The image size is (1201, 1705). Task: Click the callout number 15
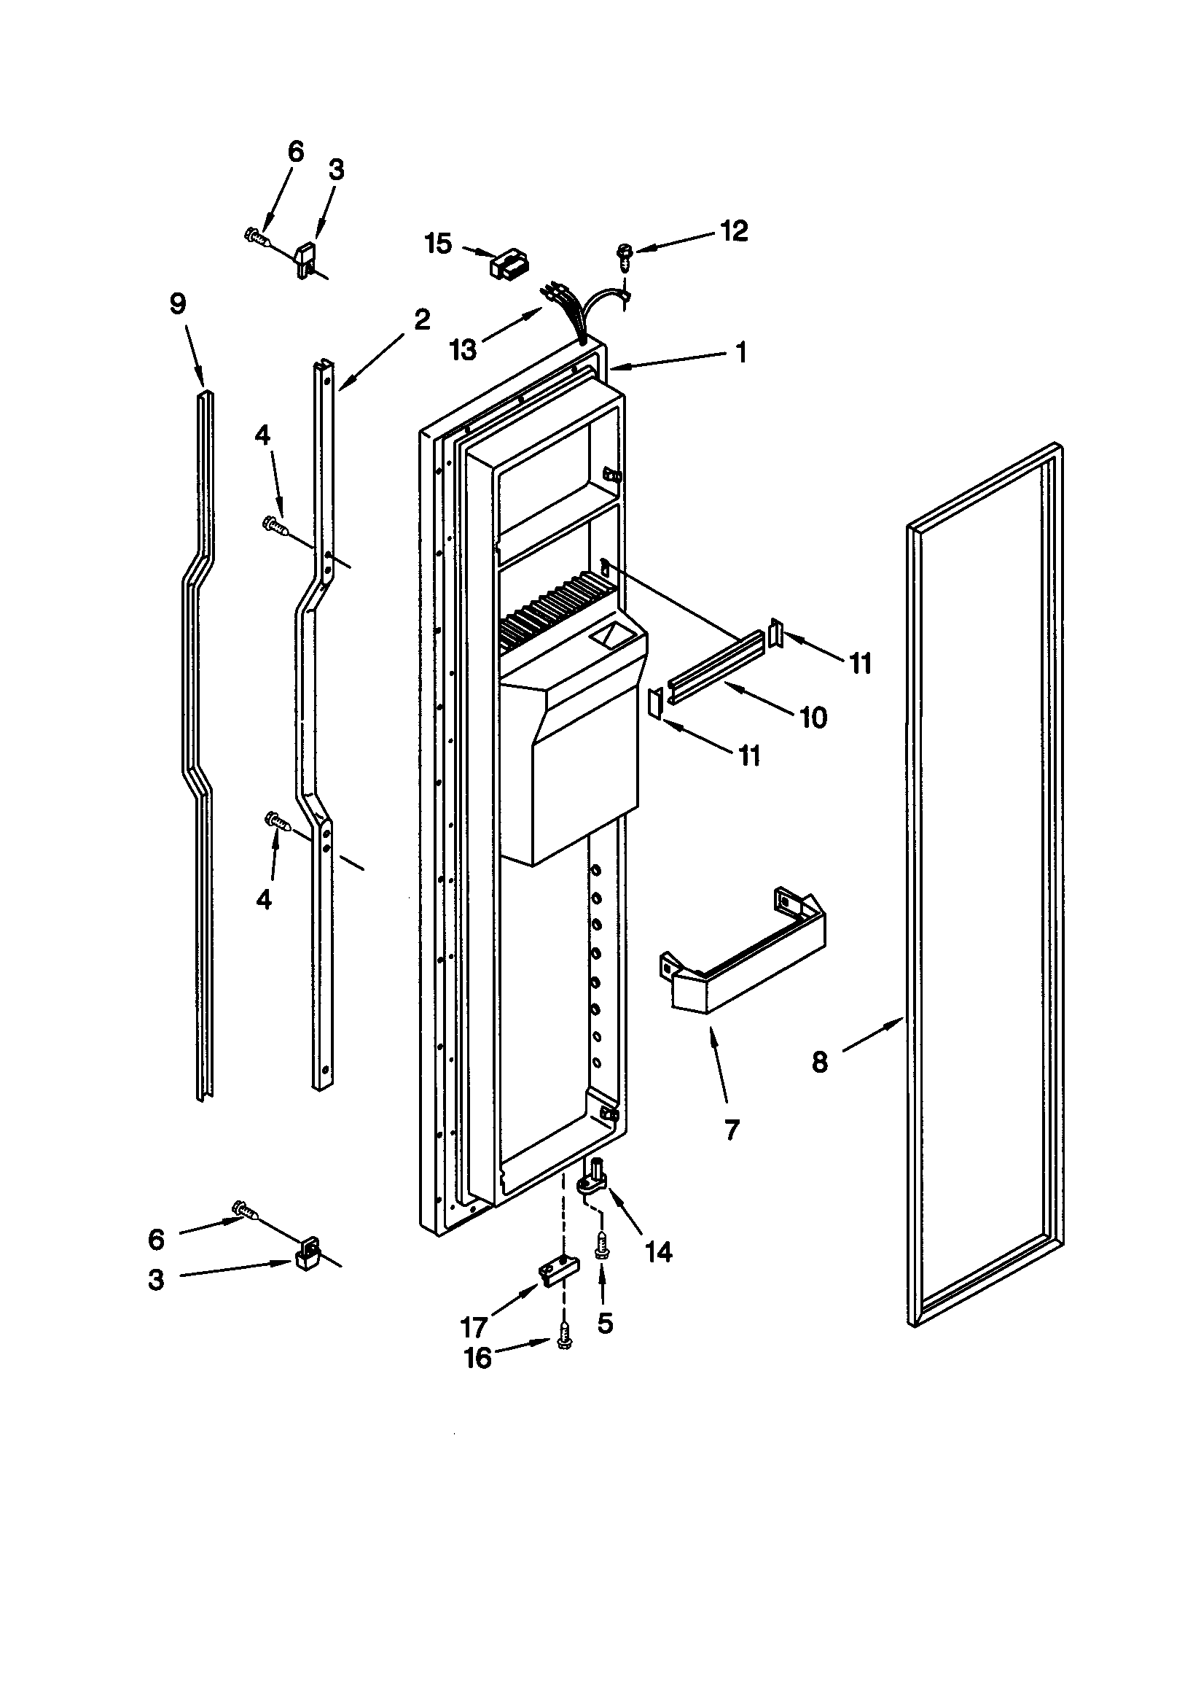tap(438, 243)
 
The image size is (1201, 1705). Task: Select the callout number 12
tap(733, 231)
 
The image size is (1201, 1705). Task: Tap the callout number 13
tap(464, 349)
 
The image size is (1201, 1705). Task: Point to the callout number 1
tap(740, 352)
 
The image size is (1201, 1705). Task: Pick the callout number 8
tap(818, 1063)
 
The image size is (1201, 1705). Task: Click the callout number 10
tap(813, 717)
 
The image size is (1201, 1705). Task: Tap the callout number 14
tap(658, 1252)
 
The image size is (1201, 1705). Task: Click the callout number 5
tap(605, 1323)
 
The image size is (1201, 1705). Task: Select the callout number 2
tap(421, 319)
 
